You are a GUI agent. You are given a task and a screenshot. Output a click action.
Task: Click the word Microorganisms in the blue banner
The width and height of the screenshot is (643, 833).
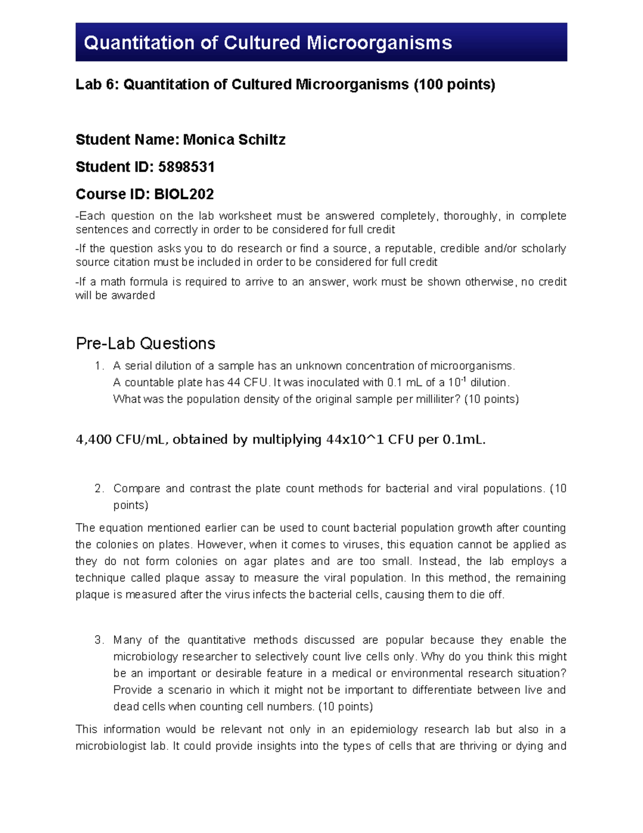[x=379, y=43]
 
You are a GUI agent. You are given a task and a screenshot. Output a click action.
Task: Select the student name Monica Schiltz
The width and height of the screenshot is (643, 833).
[x=234, y=140]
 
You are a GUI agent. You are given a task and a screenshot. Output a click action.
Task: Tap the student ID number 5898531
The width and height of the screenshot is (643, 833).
[x=186, y=167]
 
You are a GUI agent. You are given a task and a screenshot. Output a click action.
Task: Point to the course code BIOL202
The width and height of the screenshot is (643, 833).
[x=184, y=194]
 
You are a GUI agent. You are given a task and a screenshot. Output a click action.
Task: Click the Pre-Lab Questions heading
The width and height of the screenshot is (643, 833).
[x=145, y=343]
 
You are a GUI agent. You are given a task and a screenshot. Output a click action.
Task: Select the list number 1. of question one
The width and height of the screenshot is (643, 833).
[x=99, y=366]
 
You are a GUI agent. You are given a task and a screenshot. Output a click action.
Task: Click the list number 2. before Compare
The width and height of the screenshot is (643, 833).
[x=99, y=489]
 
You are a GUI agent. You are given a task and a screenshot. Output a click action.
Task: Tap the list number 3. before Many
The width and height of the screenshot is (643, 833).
[x=99, y=640]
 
